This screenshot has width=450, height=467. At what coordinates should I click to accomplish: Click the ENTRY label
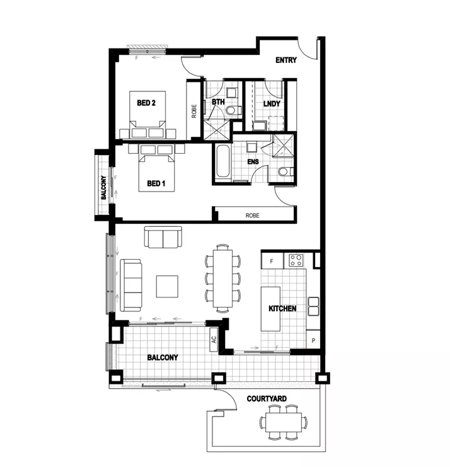click(286, 61)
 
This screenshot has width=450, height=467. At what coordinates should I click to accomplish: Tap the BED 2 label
click(146, 103)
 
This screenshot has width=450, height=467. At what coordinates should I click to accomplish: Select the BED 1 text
click(156, 184)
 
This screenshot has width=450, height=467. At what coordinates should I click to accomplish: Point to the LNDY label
click(271, 103)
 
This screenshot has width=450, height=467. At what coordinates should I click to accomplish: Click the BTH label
click(218, 102)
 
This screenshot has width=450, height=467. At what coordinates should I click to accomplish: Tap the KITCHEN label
click(282, 309)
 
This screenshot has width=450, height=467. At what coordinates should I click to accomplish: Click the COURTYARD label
click(267, 399)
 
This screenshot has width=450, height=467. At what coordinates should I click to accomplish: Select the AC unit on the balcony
click(213, 338)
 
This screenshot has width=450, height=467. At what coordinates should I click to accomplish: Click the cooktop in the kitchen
click(296, 259)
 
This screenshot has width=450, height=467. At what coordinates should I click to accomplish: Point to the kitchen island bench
click(271, 310)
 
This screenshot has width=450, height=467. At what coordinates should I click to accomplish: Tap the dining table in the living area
click(223, 278)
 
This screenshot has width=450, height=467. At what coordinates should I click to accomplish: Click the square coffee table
click(168, 286)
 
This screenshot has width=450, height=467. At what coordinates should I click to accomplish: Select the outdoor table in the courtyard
click(283, 422)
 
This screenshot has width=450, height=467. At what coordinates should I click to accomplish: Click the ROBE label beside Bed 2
click(194, 111)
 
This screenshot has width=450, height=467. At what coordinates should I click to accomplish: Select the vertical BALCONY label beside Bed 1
click(103, 187)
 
